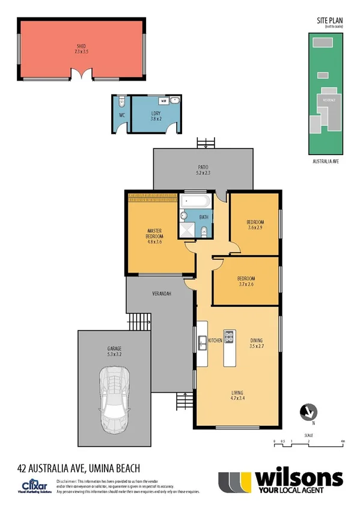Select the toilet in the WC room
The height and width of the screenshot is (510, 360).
[121, 100]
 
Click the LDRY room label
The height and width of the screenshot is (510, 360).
[156, 113]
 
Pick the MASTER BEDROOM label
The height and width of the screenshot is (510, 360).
[156, 233]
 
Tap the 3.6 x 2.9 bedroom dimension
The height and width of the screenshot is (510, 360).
[255, 227]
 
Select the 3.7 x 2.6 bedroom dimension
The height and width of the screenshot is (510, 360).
[246, 285]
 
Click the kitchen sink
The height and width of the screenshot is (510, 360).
[203, 342]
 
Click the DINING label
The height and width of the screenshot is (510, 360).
[257, 340]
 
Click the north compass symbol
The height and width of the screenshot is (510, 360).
[308, 412]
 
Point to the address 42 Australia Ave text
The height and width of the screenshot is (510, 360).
[78, 467]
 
